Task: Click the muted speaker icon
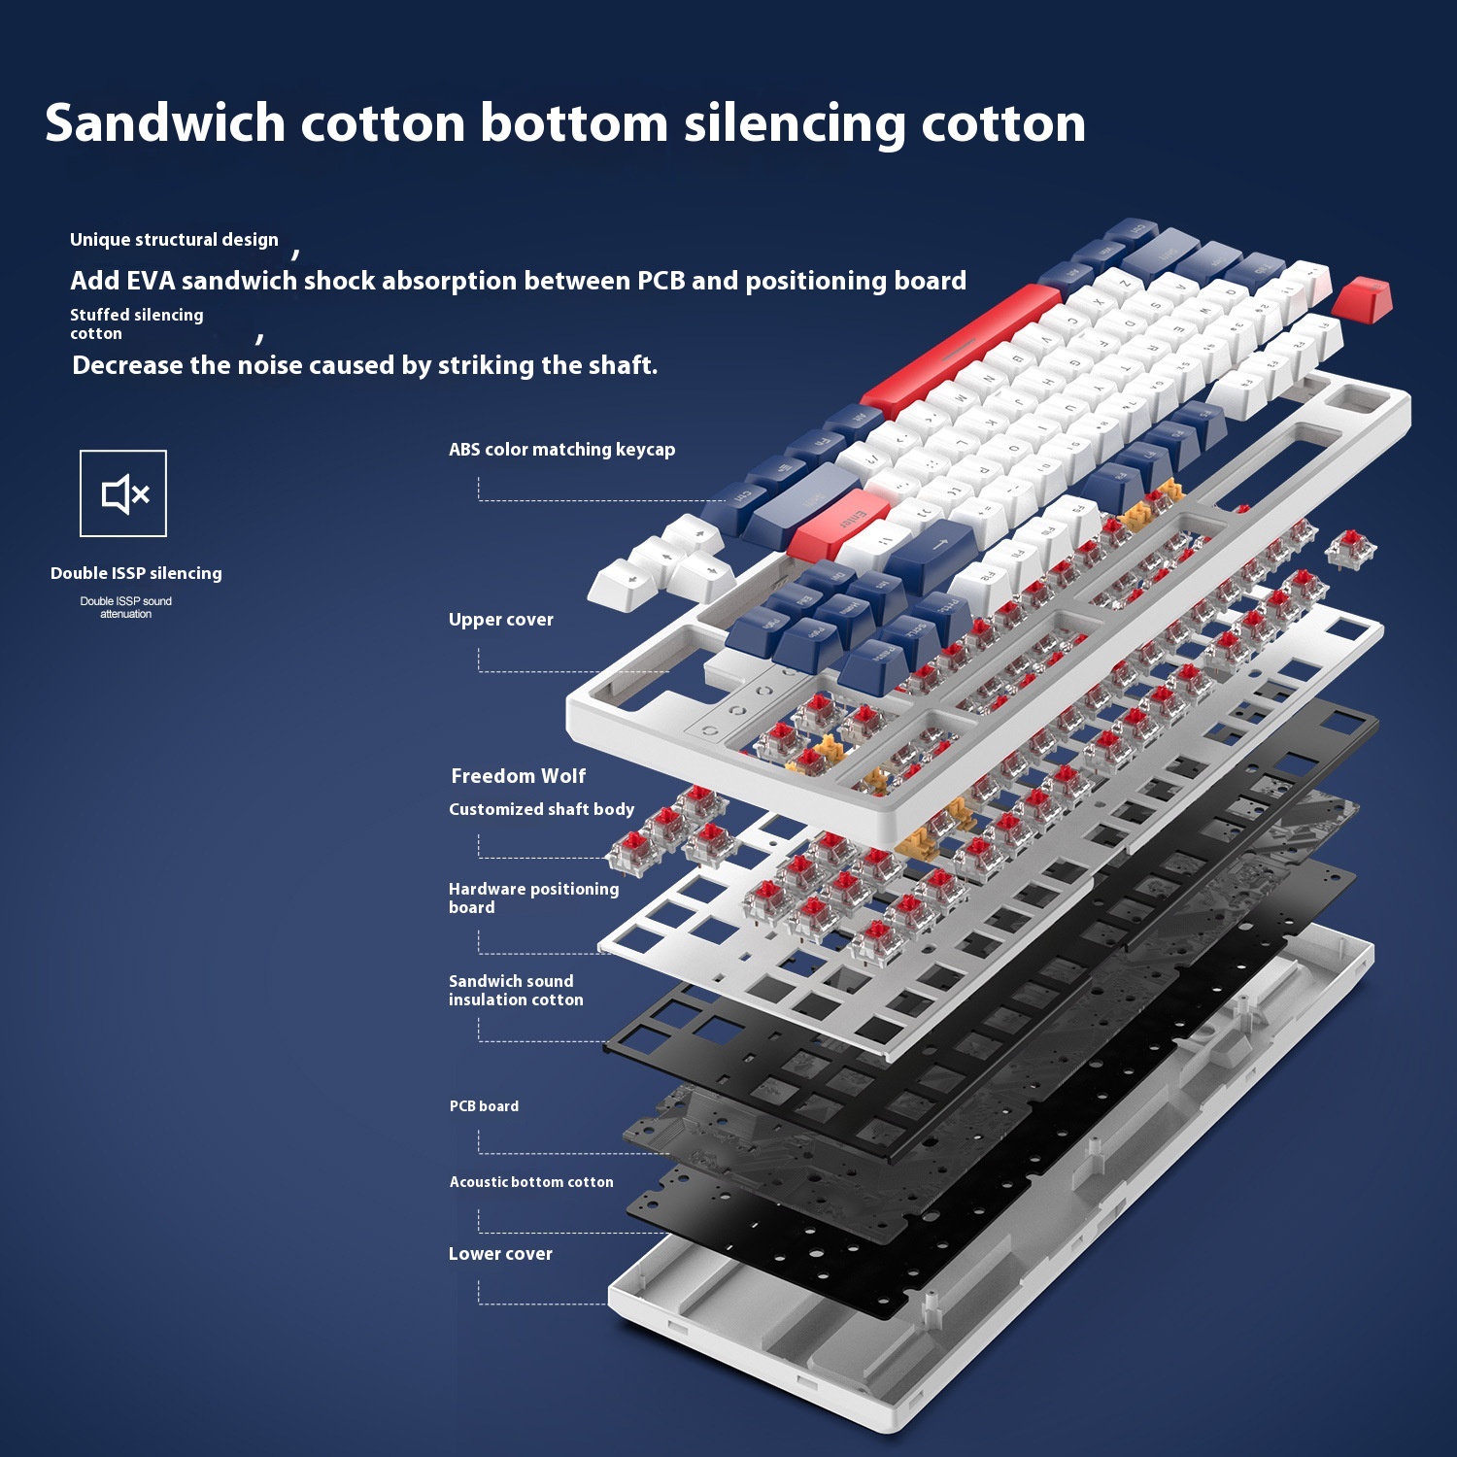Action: (x=123, y=493)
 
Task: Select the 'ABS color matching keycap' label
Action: (x=561, y=450)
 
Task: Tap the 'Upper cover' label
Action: (x=500, y=620)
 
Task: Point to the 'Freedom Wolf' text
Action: (x=518, y=776)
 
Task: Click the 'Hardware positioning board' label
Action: (x=533, y=898)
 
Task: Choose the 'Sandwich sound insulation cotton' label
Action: (x=516, y=990)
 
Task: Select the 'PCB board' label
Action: (x=484, y=1106)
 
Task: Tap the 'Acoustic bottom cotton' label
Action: (x=531, y=1182)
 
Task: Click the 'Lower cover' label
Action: (x=500, y=1254)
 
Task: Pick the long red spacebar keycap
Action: (x=962, y=350)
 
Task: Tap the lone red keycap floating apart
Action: (x=1362, y=297)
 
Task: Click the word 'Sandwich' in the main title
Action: (x=165, y=123)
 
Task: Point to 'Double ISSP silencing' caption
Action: (x=136, y=573)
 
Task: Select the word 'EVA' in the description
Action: (x=150, y=281)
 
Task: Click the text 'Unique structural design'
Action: (x=174, y=240)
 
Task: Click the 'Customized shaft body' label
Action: (x=541, y=809)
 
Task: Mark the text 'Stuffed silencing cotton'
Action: (x=136, y=323)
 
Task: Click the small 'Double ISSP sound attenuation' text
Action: (x=125, y=607)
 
